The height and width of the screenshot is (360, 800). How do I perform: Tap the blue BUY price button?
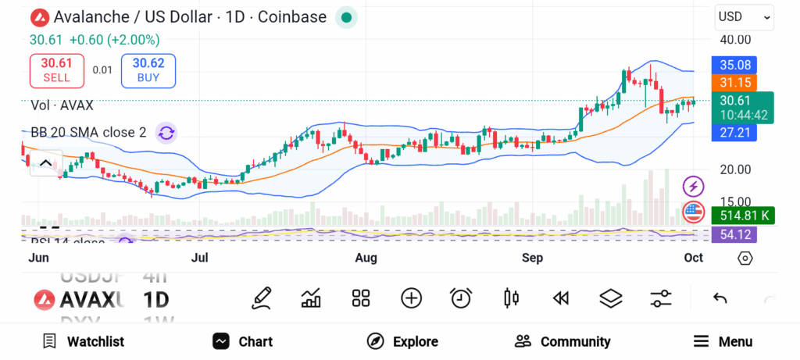(148, 70)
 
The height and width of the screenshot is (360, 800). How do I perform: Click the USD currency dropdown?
(744, 16)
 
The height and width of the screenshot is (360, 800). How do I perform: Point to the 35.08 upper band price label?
(735, 65)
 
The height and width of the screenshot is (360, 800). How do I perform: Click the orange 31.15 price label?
(735, 82)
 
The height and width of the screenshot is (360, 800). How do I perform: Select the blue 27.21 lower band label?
(735, 133)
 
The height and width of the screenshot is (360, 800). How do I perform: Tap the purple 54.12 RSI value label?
(735, 234)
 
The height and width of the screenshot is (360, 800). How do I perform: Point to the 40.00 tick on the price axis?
(735, 40)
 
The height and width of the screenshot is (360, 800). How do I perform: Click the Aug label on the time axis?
(366, 258)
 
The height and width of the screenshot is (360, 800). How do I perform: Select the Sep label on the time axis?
(532, 258)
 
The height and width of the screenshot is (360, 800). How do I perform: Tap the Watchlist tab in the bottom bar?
(84, 341)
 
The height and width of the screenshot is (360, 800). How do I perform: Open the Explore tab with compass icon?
(403, 341)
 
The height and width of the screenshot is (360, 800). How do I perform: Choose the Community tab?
(562, 341)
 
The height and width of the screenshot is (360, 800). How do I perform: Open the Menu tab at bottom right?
(723, 341)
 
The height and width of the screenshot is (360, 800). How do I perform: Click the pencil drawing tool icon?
(262, 298)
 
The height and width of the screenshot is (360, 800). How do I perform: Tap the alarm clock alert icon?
(461, 298)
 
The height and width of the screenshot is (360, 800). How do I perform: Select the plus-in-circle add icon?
(411, 298)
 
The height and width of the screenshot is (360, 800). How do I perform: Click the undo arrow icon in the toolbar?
(720, 298)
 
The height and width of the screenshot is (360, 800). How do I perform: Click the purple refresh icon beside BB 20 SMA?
(166, 133)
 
